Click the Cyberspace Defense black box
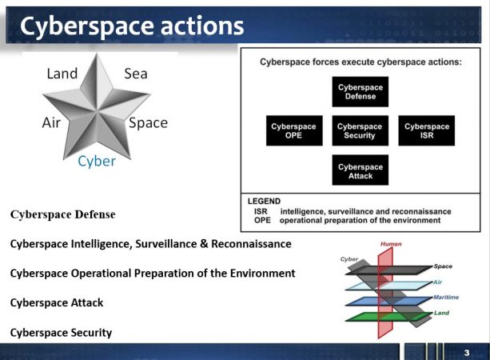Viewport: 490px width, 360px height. click(361, 92)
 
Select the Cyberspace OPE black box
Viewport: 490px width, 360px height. click(294, 130)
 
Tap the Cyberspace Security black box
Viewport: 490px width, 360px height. click(361, 130)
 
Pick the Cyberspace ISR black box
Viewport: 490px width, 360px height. click(427, 130)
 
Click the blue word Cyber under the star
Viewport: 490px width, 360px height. click(97, 162)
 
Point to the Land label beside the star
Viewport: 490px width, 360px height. click(62, 74)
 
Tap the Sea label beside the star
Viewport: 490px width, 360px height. click(136, 74)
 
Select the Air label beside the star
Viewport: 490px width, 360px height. click(51, 122)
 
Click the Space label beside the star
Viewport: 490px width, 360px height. click(149, 123)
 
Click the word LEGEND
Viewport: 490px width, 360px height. click(264, 201)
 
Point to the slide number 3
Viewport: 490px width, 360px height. click(467, 353)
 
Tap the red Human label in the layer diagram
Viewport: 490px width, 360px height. click(391, 244)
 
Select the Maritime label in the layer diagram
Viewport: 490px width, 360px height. click(446, 297)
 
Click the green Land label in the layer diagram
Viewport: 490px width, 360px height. click(441, 313)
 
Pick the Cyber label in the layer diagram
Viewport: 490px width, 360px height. click(349, 259)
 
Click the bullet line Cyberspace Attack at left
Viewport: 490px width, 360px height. click(57, 302)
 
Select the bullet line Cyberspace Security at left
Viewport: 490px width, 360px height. click(61, 333)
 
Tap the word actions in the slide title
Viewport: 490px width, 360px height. click(202, 26)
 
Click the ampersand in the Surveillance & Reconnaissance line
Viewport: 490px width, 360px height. click(204, 244)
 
